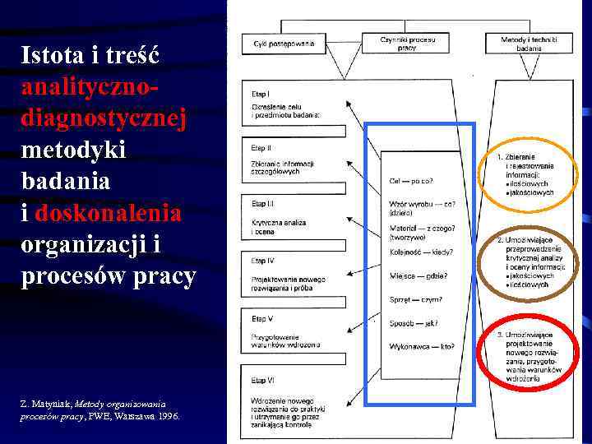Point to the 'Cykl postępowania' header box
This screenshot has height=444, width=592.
284,43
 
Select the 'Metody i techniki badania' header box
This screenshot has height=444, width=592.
529,43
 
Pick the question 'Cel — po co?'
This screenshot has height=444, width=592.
411,181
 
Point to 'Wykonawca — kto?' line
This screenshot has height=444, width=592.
421,346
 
